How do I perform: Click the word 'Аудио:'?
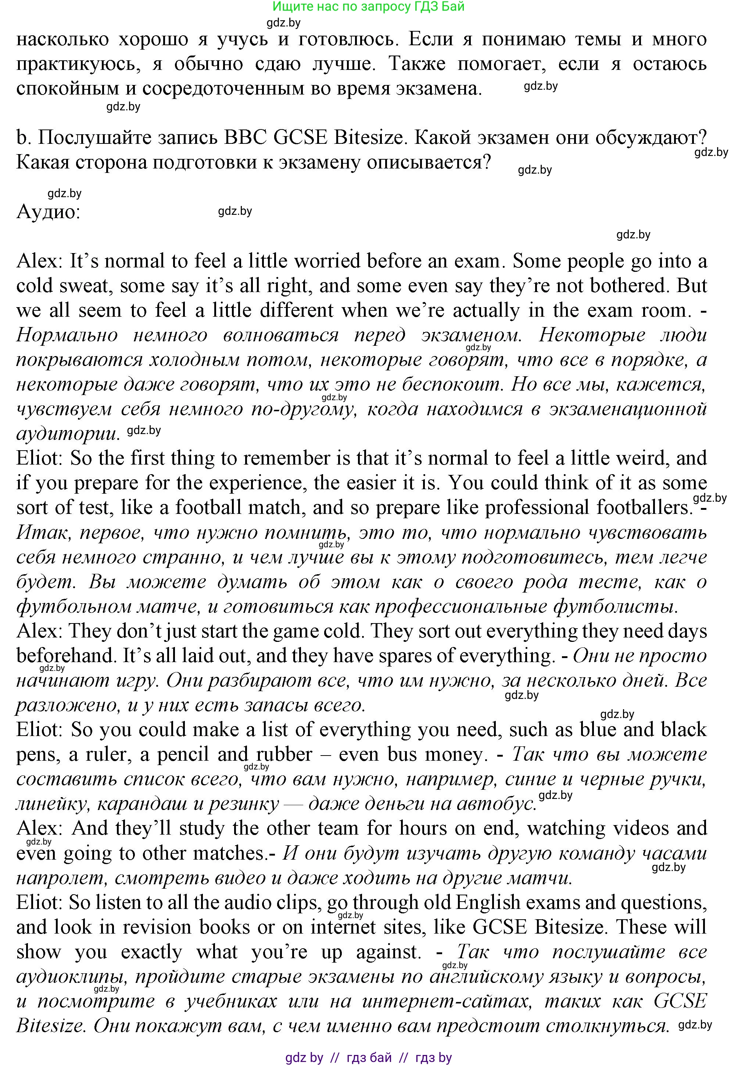click(49, 212)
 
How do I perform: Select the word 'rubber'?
click(284, 754)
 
